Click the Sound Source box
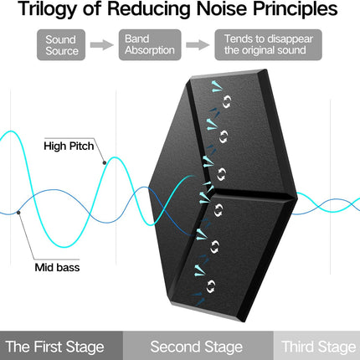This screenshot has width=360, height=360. pos(61,45)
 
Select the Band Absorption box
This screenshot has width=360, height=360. pos(150,45)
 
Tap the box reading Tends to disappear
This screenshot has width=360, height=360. pos(268,45)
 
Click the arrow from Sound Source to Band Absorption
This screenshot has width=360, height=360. pos(102,45)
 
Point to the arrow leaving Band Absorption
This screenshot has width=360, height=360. pos(198,45)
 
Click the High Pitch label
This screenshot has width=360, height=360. pos(69,146)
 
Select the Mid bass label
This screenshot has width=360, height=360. pos(57,267)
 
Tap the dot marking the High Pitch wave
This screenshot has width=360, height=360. pos(105,162)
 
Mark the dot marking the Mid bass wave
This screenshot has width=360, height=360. pos(18,213)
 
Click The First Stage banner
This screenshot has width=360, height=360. pos(61,346)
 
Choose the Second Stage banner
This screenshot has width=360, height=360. pos(198,346)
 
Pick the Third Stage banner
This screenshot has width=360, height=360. pos(316,346)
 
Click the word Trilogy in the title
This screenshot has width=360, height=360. pos(48,9)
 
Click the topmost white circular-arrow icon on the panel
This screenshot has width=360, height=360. pos(227,101)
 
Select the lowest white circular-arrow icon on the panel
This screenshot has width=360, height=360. pos(211,286)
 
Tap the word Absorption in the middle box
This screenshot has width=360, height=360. pos(150,50)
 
